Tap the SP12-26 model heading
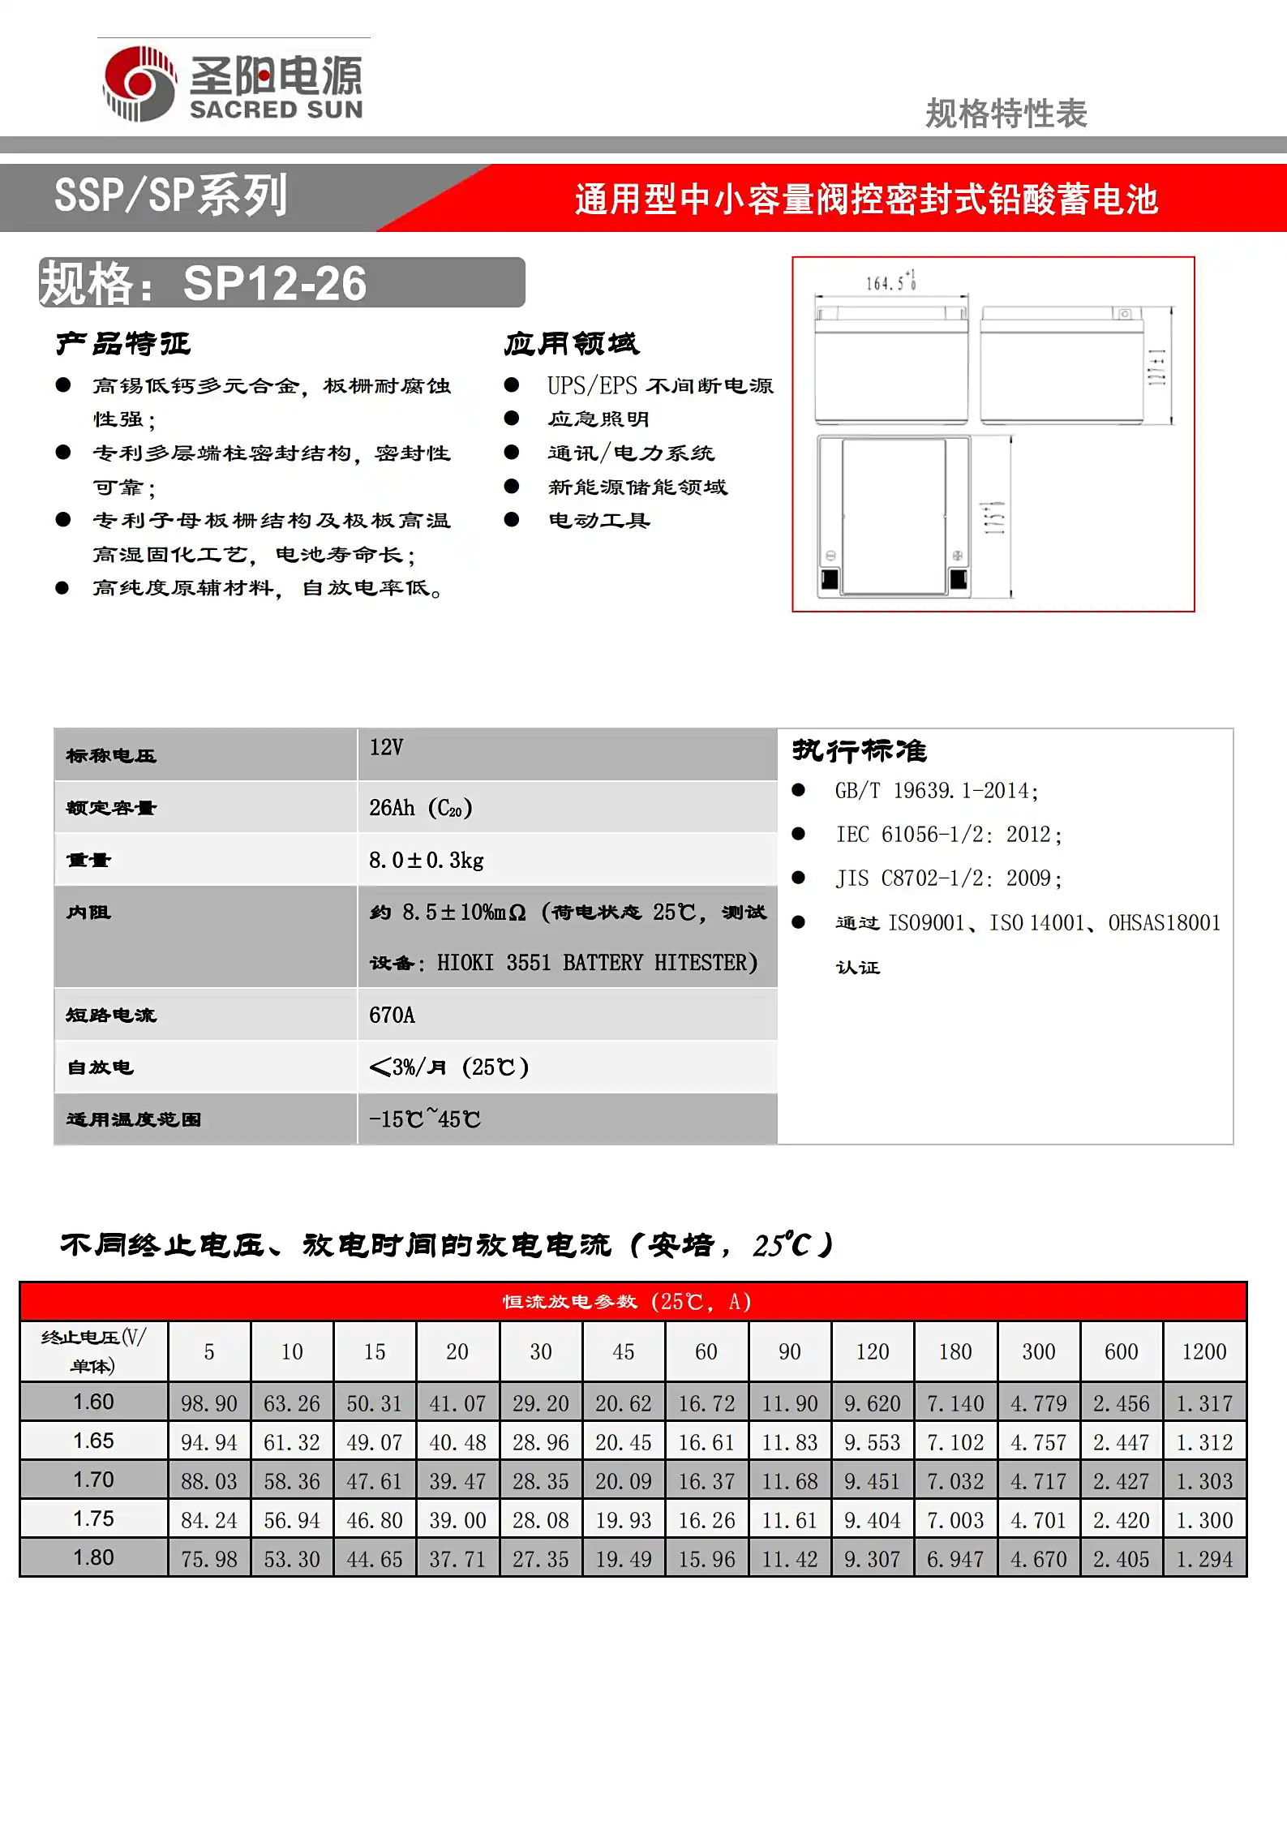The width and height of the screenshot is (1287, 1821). click(x=275, y=283)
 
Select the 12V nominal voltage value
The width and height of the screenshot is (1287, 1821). click(x=386, y=747)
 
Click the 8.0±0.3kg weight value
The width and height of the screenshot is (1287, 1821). click(x=427, y=860)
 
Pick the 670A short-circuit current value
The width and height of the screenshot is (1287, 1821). click(x=392, y=1015)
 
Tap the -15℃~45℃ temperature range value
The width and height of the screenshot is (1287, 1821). click(x=424, y=1119)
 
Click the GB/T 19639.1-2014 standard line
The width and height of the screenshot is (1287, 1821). click(x=937, y=791)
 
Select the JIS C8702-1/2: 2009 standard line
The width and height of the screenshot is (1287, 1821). click(x=949, y=878)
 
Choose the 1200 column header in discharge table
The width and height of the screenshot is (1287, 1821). click(x=1204, y=1351)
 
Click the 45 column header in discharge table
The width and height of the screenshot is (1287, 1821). click(x=623, y=1351)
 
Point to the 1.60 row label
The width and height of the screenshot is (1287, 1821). click(x=93, y=1402)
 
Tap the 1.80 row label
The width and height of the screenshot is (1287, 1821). click(x=93, y=1557)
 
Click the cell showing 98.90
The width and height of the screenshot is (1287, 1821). click(x=209, y=1403)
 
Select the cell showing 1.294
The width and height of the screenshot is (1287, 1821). click(x=1204, y=1559)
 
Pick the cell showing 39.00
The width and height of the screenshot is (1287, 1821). click(x=457, y=1520)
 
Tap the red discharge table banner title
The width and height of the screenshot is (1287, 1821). click(x=627, y=1301)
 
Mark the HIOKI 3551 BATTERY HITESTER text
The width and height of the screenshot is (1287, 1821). click(x=597, y=963)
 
